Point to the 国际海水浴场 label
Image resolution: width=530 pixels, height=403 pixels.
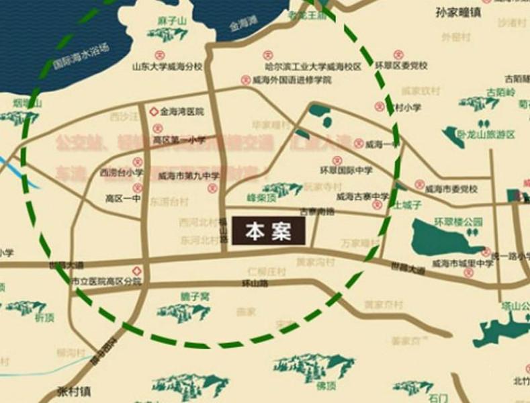(81, 64)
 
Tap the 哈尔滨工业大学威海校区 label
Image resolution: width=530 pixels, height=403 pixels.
(313, 66)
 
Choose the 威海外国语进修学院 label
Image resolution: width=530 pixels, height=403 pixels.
(293, 79)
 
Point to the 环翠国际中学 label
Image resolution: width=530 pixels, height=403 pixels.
(346, 170)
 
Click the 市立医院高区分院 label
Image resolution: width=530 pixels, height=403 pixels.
(106, 281)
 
